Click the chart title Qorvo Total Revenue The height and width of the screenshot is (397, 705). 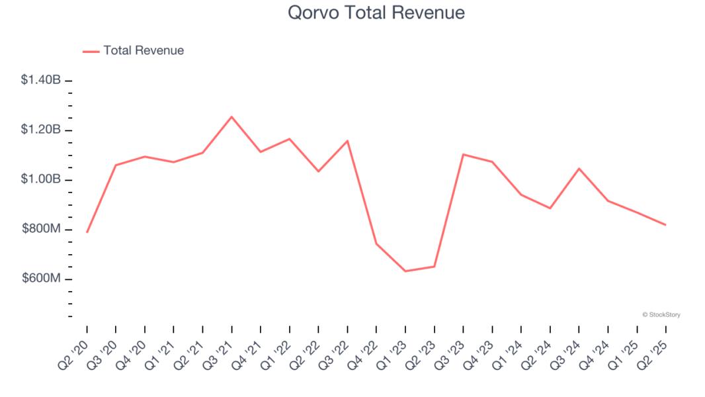pyautogui.click(x=376, y=13)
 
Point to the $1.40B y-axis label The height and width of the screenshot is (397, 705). pyautogui.click(x=41, y=80)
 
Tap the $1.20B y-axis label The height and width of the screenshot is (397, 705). pyautogui.click(x=41, y=130)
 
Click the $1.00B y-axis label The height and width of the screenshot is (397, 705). pyautogui.click(x=41, y=179)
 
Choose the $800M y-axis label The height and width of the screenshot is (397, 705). pyautogui.click(x=41, y=229)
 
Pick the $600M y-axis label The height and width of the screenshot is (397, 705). pyautogui.click(x=41, y=279)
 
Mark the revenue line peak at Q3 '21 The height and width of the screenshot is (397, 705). pyautogui.click(x=231, y=116)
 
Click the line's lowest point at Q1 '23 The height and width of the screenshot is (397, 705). pyautogui.click(x=405, y=271)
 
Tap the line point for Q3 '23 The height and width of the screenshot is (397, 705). pyautogui.click(x=463, y=154)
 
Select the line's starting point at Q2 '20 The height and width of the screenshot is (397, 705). pyautogui.click(x=87, y=232)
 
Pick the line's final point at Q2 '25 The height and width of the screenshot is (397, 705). pyautogui.click(x=665, y=225)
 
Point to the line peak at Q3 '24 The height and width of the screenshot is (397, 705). pyautogui.click(x=579, y=168)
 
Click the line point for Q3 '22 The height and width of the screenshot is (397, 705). pyautogui.click(x=347, y=140)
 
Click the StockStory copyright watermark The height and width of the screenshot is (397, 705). pyautogui.click(x=661, y=315)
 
